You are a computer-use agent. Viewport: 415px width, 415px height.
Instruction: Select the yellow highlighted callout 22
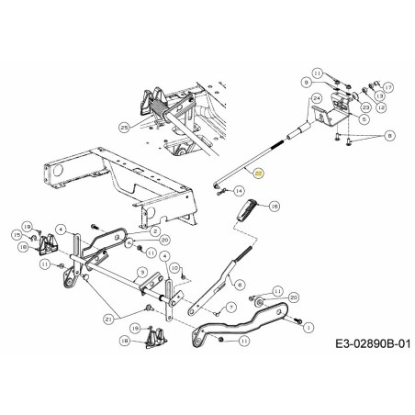click(259, 173)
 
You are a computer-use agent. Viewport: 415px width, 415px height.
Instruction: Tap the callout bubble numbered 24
click(316, 98)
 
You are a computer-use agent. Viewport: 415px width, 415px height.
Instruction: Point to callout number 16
click(274, 207)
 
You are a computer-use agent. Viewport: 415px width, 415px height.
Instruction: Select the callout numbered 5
click(365, 118)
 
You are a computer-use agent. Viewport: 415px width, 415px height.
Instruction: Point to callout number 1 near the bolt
click(307, 325)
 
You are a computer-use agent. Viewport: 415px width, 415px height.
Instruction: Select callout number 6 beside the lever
click(239, 286)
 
